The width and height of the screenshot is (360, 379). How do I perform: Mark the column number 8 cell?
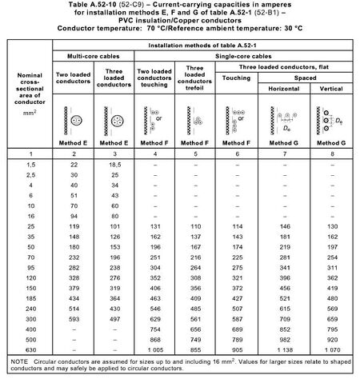coord(335,152)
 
